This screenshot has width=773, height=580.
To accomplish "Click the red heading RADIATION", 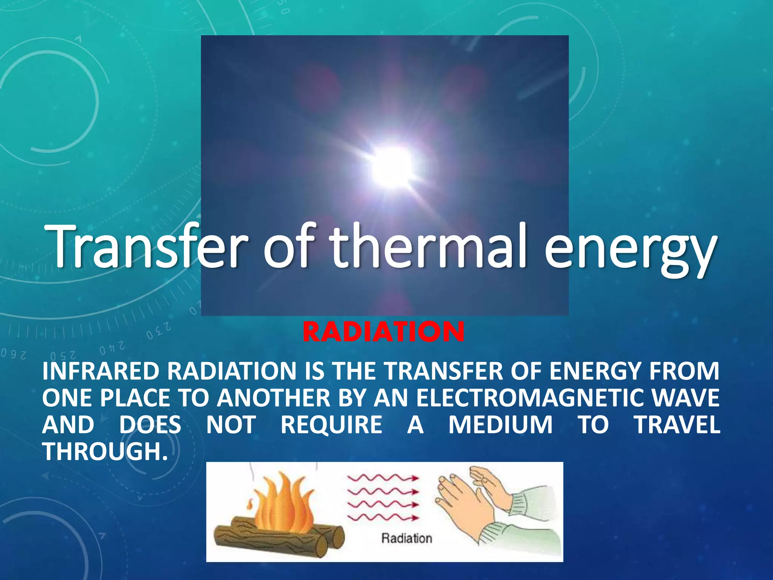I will [x=383, y=332].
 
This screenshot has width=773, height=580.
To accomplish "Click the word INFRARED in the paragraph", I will [x=101, y=371].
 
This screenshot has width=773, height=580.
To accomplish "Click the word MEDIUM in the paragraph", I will [x=500, y=425].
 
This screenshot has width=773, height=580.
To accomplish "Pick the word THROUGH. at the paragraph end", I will [x=105, y=452].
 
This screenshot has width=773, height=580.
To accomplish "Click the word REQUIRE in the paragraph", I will [x=331, y=425].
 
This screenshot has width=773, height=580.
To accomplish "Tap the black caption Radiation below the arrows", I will [x=407, y=538].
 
